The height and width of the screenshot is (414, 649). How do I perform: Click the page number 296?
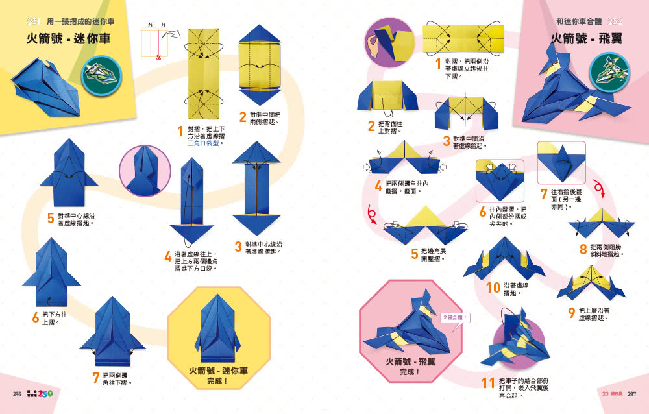[17, 394]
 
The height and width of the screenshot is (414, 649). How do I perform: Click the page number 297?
[631, 394]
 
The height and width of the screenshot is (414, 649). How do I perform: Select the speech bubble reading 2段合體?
[454, 318]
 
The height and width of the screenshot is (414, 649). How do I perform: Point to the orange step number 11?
[489, 383]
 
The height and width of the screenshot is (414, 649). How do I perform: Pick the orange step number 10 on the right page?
[493, 287]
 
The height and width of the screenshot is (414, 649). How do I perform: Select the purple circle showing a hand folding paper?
[389, 43]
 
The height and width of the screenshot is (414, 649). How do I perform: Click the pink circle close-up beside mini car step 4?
[144, 171]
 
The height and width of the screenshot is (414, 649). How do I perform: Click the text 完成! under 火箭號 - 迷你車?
[218, 382]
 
